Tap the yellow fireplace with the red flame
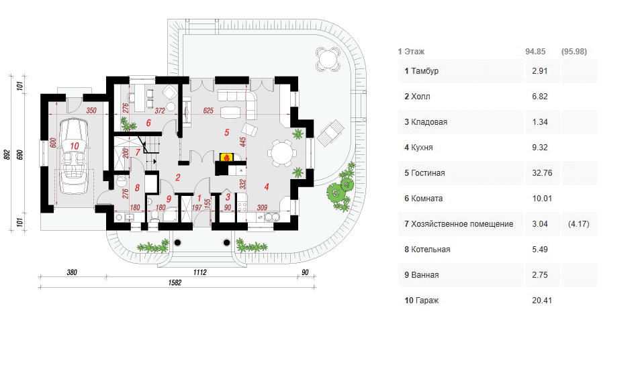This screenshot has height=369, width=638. click(226, 157)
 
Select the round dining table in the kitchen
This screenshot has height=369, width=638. click(282, 153)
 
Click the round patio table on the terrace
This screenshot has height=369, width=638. click(328, 59)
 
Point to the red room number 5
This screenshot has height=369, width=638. click(226, 132)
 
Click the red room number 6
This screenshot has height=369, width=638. click(148, 123)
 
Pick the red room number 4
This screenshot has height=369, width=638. click(267, 187)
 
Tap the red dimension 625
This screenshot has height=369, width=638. click(208, 111)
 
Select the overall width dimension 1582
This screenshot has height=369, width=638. click(175, 282)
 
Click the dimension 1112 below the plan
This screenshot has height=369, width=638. click(199, 272)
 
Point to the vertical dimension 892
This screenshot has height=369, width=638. click(7, 154)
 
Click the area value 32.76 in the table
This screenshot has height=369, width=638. click(542, 172)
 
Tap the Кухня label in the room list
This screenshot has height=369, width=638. click(422, 148)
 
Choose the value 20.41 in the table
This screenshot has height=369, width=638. click(542, 301)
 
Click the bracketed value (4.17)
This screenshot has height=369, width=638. click(579, 224)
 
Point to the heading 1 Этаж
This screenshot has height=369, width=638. click(411, 52)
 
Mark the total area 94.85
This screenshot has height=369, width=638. click(535, 52)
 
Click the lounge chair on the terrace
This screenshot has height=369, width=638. click(330, 132)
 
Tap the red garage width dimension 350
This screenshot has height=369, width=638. click(91, 111)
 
